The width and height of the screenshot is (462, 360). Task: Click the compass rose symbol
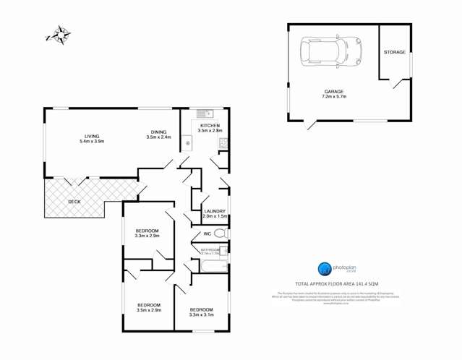pos(59,35)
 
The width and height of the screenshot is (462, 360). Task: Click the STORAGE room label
pos(394,52)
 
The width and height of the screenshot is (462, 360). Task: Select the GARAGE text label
pos(334,90)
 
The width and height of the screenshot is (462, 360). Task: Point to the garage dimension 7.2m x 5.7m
pos(334,96)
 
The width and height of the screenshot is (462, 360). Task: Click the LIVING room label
pos(91,136)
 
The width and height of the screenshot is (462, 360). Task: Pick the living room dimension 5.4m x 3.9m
pos(91,142)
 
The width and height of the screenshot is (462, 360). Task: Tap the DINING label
pos(158,131)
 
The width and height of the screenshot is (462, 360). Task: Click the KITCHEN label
pos(210,124)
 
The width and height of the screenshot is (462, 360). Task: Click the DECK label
pos(74,202)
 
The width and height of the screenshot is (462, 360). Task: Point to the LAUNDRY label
pos(215,210)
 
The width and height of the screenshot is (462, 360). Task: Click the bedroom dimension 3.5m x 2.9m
pos(149,310)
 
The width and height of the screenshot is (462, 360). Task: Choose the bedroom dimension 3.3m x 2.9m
pos(147,236)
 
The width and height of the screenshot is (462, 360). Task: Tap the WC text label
pos(206,234)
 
